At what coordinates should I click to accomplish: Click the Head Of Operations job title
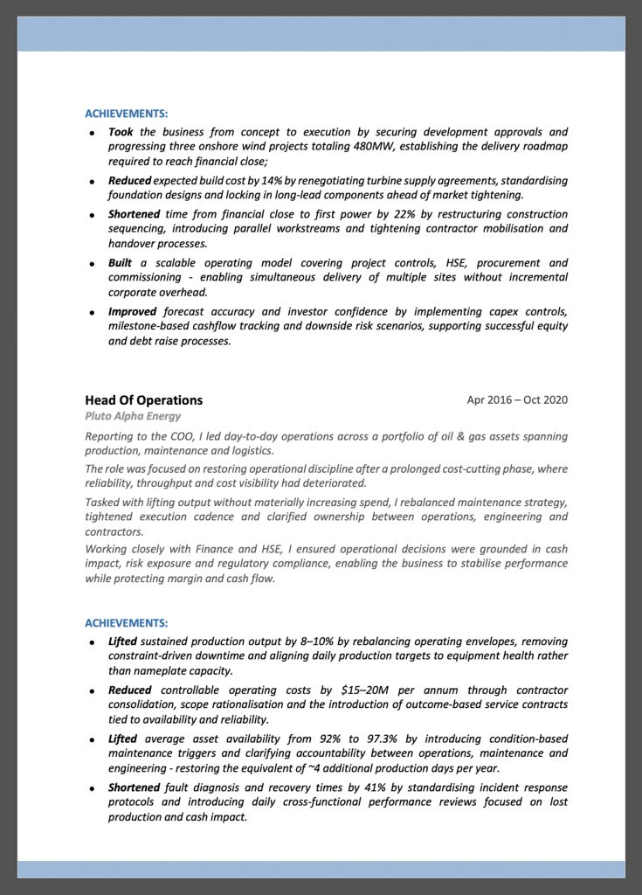pos(143,400)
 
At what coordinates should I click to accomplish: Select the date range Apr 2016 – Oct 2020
pos(517,400)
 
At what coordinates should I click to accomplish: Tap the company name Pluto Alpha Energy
pos(133,417)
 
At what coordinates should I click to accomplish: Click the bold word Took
pos(121,132)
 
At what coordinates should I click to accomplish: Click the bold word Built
pos(121,263)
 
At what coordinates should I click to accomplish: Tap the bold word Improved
pos(133,311)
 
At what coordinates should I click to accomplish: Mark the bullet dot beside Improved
pos(92,312)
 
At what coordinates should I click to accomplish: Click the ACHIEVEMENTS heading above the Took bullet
pos(126,114)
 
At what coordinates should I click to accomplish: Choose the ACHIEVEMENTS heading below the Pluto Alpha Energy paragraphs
pos(126,623)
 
